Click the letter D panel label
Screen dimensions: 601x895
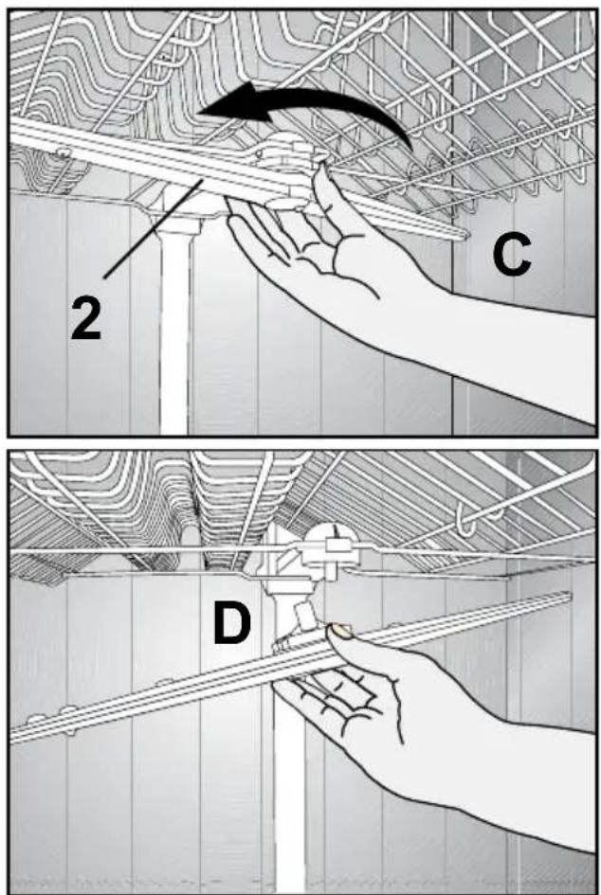tap(231, 623)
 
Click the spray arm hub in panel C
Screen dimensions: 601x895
tap(284, 162)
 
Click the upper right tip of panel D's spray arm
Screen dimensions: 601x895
tap(566, 597)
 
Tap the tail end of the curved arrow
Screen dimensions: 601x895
tap(409, 146)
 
